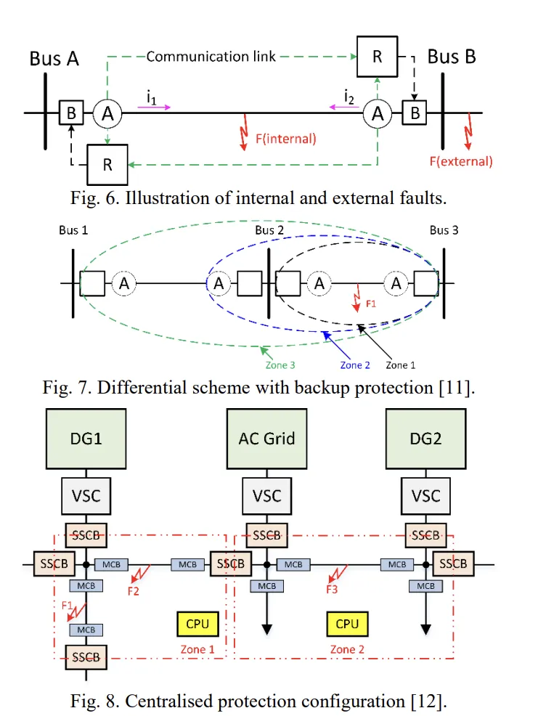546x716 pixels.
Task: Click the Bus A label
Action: [x=54, y=58]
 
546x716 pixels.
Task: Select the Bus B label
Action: [x=452, y=56]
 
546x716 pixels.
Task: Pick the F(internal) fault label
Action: [x=285, y=138]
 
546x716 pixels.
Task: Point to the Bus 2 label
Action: [x=269, y=231]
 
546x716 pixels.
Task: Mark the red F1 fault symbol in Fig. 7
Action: [x=356, y=299]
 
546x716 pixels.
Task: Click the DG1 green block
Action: [x=86, y=438]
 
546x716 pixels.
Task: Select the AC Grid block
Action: [x=266, y=438]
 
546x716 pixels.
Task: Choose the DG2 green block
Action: [x=425, y=438]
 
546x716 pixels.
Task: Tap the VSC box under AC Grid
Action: [x=266, y=497]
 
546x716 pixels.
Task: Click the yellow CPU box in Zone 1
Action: [x=197, y=624]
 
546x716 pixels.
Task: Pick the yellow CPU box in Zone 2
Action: [x=347, y=624]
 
